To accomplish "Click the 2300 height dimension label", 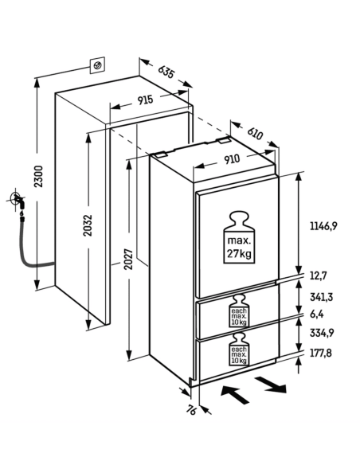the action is [38, 177].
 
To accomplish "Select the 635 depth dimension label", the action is [166, 72].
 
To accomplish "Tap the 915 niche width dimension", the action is [145, 100].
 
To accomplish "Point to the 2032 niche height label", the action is [88, 225].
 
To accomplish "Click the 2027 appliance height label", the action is [128, 259].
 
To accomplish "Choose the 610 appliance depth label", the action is [255, 133].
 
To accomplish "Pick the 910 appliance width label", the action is [232, 159].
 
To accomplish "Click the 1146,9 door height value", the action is [323, 226].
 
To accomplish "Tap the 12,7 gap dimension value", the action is [319, 275].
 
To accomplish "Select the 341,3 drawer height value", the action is [322, 297].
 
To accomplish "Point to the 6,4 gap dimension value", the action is [317, 314].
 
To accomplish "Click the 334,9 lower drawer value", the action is [322, 333].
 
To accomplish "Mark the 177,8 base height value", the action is [321, 353].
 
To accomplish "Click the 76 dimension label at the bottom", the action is [192, 410].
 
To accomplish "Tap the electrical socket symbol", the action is [97, 64].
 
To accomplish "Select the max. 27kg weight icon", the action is [239, 237].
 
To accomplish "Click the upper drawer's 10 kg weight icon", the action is [239, 311].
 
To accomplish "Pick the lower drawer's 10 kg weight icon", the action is [239, 349].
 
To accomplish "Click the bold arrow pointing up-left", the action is [235, 395].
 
